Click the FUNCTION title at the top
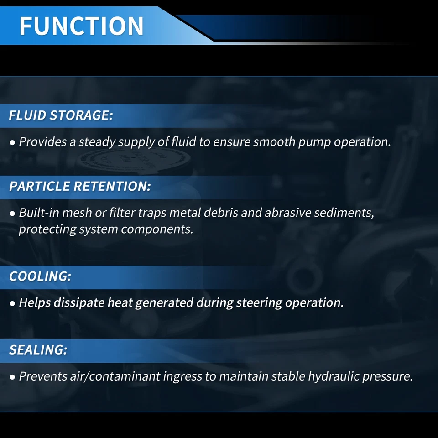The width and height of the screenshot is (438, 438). [x=81, y=26]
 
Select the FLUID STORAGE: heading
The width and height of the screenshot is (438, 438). [x=61, y=115]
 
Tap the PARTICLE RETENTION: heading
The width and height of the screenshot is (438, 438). [x=80, y=186]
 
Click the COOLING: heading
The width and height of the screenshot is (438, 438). [x=40, y=276]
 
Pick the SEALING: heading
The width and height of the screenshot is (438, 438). [x=38, y=350]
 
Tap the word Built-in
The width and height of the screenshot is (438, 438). [x=39, y=213]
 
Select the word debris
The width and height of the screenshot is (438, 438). [x=221, y=213]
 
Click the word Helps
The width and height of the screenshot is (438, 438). [x=35, y=302]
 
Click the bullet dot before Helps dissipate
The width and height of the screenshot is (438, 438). [x=12, y=303]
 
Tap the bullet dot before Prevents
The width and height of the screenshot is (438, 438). [x=12, y=377]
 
